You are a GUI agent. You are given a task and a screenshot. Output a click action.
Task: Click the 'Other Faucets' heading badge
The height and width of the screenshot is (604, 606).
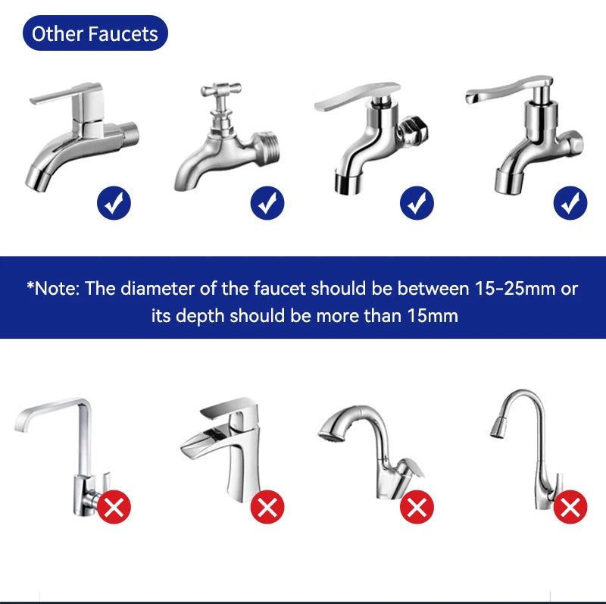(95, 33)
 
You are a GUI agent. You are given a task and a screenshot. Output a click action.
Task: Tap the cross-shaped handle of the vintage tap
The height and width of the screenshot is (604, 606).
(221, 90)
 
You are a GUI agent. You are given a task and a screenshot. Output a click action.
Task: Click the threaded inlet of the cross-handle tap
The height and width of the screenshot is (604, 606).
(267, 147)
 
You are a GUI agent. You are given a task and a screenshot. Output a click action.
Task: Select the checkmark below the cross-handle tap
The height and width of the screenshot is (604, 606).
(267, 203)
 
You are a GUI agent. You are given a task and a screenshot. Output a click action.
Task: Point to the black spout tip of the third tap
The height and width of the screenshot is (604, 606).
(348, 183)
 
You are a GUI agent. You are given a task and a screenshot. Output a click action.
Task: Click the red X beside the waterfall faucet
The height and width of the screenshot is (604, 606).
(267, 507)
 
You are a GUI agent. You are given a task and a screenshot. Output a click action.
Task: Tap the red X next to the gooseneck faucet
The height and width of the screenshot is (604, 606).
(570, 507)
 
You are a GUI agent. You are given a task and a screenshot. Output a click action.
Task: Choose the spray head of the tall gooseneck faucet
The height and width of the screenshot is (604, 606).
(499, 427)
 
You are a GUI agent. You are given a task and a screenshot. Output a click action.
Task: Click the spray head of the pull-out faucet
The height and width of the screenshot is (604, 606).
(332, 429)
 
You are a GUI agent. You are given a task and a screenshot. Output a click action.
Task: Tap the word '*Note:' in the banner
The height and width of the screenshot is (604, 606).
(53, 289)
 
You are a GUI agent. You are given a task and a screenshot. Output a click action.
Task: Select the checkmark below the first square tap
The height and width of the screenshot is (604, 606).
(114, 203)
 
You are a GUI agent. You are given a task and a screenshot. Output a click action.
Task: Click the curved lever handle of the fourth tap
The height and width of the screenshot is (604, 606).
(508, 89)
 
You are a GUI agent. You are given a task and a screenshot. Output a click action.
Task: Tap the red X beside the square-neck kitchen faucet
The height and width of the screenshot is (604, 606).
(114, 507)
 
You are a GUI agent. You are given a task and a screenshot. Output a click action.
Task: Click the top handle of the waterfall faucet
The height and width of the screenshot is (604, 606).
(229, 407)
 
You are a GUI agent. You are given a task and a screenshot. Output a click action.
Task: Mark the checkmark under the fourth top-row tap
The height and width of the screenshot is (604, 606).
(570, 203)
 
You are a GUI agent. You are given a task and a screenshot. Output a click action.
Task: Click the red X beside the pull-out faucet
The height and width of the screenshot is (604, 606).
(417, 507)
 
